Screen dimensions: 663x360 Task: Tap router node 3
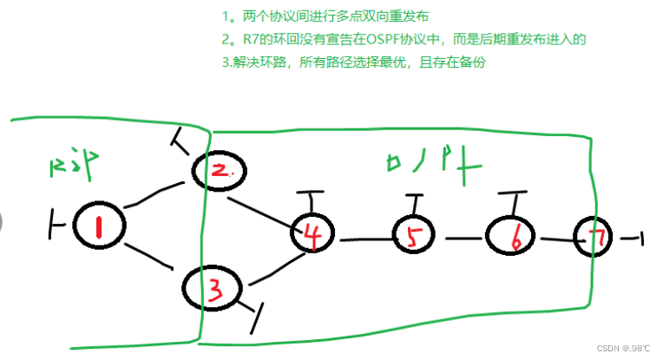[212, 287]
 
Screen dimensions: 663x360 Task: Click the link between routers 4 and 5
[363, 235]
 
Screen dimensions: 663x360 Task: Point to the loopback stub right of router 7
[629, 237]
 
